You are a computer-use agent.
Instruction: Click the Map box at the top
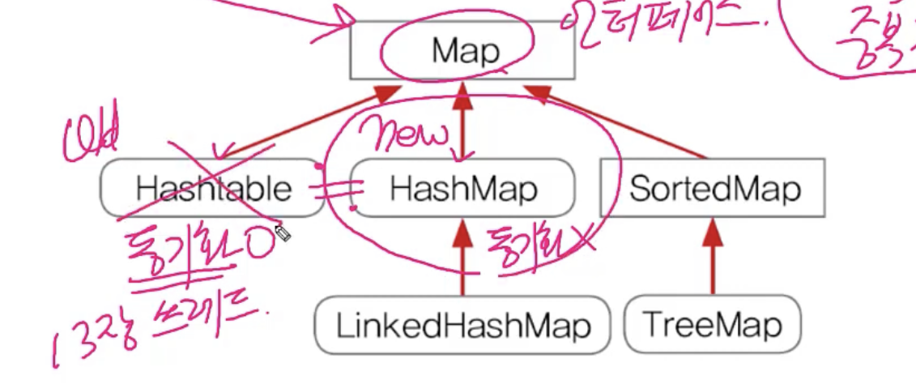click(x=462, y=50)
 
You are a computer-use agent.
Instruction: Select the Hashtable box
click(x=212, y=189)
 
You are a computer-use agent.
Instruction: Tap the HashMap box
click(x=462, y=189)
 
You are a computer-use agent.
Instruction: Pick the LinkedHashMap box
click(x=462, y=326)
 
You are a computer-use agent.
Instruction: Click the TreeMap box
click(x=713, y=326)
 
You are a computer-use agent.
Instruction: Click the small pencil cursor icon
click(x=283, y=233)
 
